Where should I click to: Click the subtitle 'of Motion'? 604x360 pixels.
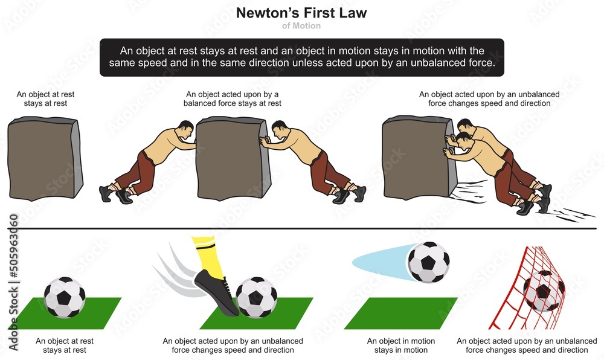point(302,26)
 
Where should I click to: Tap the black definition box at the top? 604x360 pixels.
point(302,58)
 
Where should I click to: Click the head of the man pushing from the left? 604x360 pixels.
point(185,129)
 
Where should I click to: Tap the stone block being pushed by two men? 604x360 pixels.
point(416,158)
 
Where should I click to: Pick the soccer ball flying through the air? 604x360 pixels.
point(428,262)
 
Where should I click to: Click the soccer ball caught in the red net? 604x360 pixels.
point(544,291)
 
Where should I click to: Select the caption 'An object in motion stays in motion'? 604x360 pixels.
point(401,346)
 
